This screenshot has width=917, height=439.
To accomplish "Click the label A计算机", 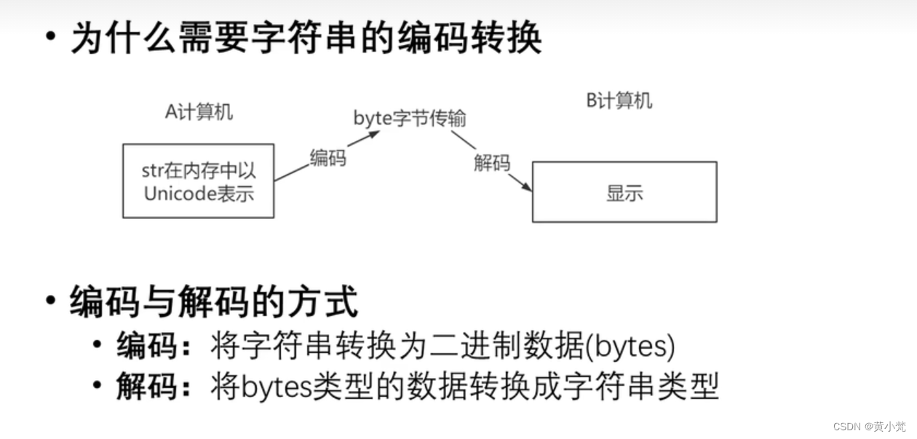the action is [199, 113].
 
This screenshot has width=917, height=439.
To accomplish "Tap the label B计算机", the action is [619, 101].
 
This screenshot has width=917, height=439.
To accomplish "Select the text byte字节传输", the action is [410, 118].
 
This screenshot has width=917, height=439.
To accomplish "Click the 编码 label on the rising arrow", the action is [327, 157].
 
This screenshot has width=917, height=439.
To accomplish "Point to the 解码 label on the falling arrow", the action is [492, 163].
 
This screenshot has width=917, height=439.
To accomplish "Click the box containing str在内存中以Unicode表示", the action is [198, 181].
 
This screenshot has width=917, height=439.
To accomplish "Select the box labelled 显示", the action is [624, 192].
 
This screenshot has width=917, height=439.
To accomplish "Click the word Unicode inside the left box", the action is [175, 194].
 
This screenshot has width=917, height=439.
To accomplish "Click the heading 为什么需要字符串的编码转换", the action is [306, 38].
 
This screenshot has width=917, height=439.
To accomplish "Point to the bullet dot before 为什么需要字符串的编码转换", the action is [50, 36].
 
